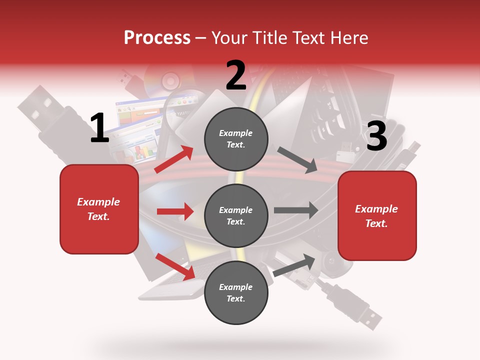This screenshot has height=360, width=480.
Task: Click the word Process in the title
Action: (157, 37)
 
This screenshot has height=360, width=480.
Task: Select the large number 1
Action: (99, 128)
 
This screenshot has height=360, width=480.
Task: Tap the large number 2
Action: (236, 75)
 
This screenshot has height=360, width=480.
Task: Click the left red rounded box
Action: (99, 209)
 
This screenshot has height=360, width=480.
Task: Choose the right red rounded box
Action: (377, 215)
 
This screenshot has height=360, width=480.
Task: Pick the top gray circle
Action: (236, 139)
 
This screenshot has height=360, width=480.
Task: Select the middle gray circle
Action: (236, 215)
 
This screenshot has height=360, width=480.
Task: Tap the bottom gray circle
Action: (236, 292)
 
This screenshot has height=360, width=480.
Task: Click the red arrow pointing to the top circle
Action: (174, 159)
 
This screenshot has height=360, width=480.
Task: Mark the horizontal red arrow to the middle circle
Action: (175, 211)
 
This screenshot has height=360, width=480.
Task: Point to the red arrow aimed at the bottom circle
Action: (175, 266)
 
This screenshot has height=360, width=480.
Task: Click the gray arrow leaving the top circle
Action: (297, 159)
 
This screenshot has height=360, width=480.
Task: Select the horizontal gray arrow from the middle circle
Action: (296, 210)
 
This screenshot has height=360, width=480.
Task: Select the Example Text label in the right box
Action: (376, 216)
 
